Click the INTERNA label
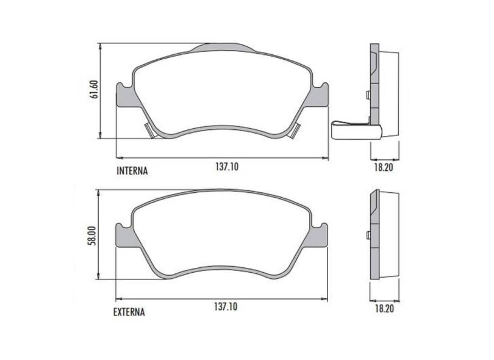(x=132, y=171)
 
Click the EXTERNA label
(x=129, y=312)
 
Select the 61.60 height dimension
(x=94, y=90)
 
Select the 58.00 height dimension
(x=92, y=235)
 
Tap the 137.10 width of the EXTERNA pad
(x=226, y=307)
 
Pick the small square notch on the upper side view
(x=367, y=94)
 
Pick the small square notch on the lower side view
(x=367, y=235)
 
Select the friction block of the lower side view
(x=389, y=235)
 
